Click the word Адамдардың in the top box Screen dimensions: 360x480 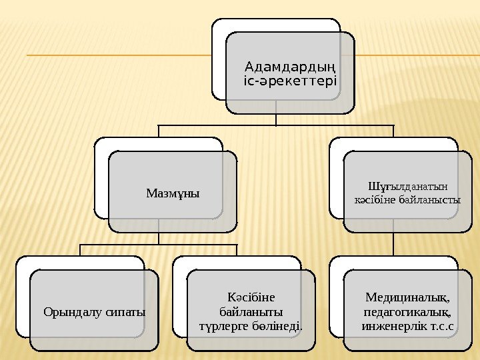coord(289,67)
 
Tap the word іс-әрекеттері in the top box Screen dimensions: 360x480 coord(289,81)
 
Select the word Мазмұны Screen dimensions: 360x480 coord(173,193)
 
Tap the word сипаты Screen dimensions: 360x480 coord(125,311)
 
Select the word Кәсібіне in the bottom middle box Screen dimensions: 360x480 coord(251,297)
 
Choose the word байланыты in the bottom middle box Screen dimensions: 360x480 coord(251,311)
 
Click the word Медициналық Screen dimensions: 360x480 coord(407,297)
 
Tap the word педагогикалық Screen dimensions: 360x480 coord(407,311)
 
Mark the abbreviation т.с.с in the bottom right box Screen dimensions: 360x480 coord(441,326)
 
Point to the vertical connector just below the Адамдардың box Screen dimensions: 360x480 coord(276,119)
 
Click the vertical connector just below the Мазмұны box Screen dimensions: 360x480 coord(159,238)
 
